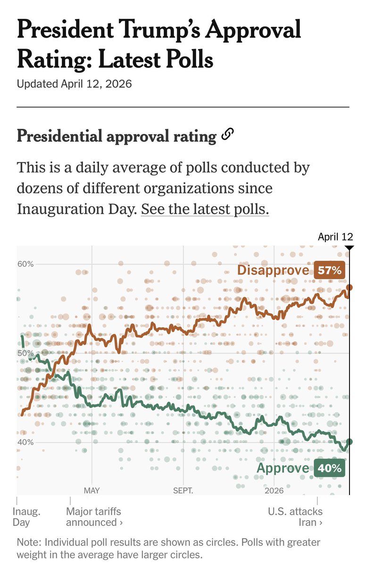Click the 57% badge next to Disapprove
[329, 270]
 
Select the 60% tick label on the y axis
[26, 264]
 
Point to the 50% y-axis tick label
[26, 353]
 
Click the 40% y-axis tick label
[26, 442]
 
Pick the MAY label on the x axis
[92, 491]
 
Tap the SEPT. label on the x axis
[183, 491]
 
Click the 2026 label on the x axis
[274, 491]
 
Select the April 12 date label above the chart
[335, 237]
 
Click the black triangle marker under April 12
[349, 248]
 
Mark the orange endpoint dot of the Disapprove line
[349, 287]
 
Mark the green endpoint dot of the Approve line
[349, 441]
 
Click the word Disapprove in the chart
[274, 270]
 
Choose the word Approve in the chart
[283, 468]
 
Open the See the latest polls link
[205, 209]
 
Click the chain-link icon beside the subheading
[227, 135]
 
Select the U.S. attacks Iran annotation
[296, 516]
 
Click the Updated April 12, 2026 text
[74, 84]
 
